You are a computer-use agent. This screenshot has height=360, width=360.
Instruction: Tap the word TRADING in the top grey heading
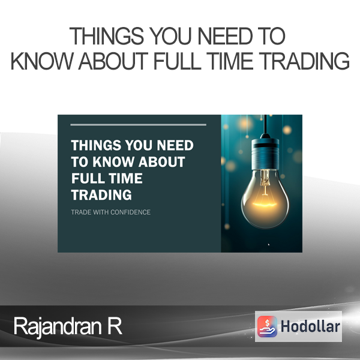tap(305, 61)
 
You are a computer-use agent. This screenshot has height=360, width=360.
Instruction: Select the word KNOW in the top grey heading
tap(41, 61)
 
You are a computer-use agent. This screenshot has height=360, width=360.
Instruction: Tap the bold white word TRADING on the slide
tap(101, 195)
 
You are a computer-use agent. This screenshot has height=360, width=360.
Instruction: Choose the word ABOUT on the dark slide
tap(162, 162)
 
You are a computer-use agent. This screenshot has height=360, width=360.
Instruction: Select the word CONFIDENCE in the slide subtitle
tap(130, 212)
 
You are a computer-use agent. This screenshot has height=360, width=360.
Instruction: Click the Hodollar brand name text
tap(310, 326)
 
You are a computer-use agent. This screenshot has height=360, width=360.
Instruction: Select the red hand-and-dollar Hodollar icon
tap(267, 326)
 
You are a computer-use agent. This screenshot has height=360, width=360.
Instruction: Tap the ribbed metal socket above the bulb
tap(265, 152)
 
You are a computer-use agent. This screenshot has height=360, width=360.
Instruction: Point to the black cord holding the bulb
tap(265, 124)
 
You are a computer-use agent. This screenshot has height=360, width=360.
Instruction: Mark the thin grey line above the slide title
tap(138, 125)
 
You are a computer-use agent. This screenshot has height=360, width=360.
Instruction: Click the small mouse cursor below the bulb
tap(269, 245)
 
